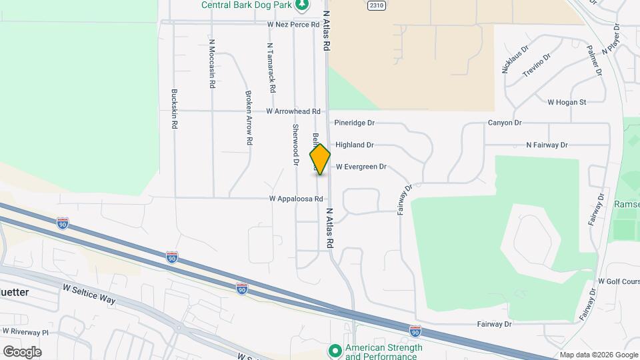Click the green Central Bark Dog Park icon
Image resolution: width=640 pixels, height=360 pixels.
[x=303, y=5]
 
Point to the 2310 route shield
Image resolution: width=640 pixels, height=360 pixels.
[x=377, y=5]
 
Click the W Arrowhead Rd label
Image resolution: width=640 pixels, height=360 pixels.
[x=293, y=111]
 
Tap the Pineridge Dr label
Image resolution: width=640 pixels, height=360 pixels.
[x=355, y=123]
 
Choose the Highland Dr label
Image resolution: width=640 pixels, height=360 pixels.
[x=355, y=145]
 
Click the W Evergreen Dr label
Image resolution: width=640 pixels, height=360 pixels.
[x=361, y=167]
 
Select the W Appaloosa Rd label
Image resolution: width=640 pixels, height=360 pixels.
[x=296, y=199]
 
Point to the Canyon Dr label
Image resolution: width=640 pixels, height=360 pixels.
[x=505, y=123]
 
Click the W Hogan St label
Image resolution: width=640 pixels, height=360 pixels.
[x=566, y=102]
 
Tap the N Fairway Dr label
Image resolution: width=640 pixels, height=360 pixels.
[x=547, y=145]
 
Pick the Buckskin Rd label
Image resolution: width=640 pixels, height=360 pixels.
[x=174, y=109]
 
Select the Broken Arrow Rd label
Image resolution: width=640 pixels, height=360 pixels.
[x=249, y=118]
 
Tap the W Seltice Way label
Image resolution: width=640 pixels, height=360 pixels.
[x=89, y=294]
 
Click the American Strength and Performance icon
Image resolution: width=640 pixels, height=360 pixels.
[x=335, y=349]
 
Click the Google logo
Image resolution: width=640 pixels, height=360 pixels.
[x=22, y=351]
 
